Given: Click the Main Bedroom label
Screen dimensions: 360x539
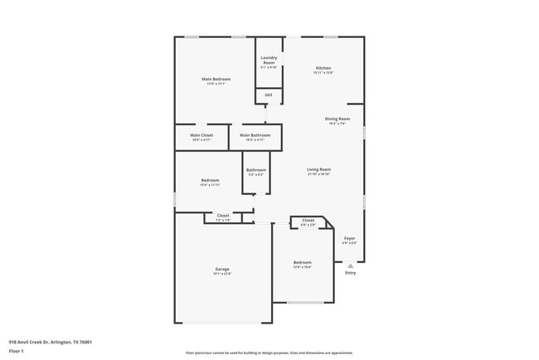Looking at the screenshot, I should click(x=216, y=79).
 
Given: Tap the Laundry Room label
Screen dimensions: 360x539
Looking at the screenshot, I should click(x=269, y=61).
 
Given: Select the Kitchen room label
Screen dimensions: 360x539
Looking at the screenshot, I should click(x=323, y=68).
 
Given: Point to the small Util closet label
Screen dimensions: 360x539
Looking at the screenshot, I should click(x=269, y=95).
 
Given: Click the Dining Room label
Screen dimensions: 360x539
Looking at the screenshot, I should click(x=337, y=119).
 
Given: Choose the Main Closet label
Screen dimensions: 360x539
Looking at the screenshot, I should click(x=202, y=135).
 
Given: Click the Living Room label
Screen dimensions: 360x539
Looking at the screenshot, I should click(x=318, y=170).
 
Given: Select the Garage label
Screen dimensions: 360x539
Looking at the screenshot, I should click(x=222, y=269).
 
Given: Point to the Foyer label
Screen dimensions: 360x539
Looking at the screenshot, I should click(x=350, y=238).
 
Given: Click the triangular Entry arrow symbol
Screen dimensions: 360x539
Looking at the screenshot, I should click(x=350, y=265).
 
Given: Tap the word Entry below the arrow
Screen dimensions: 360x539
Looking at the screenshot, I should click(x=350, y=273).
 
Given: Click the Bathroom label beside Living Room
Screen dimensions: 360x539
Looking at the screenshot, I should click(x=255, y=170).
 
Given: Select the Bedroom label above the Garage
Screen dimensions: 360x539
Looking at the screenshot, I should click(x=210, y=180).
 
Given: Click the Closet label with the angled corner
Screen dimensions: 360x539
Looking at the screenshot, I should click(x=308, y=221).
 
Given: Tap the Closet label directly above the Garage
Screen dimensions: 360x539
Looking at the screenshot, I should click(x=222, y=216).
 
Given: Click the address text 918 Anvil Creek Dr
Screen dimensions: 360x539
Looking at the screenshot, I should click(x=50, y=341).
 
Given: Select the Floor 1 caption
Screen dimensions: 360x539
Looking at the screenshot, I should click(x=17, y=351).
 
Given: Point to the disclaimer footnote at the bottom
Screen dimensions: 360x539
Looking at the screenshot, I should click(x=269, y=353).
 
